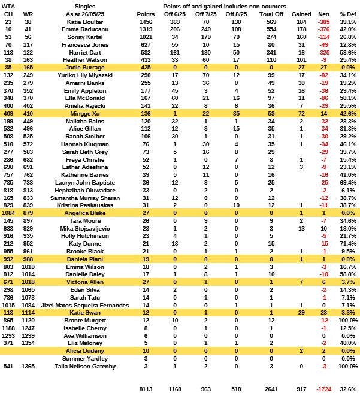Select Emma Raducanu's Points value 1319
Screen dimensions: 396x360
(145, 28)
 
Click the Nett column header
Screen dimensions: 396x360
(323, 13)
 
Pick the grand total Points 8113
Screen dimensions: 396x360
(145, 388)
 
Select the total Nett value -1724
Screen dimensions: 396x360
(323, 388)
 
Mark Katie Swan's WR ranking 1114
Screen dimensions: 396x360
(28, 312)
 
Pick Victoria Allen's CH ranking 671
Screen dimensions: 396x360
(8, 281)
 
